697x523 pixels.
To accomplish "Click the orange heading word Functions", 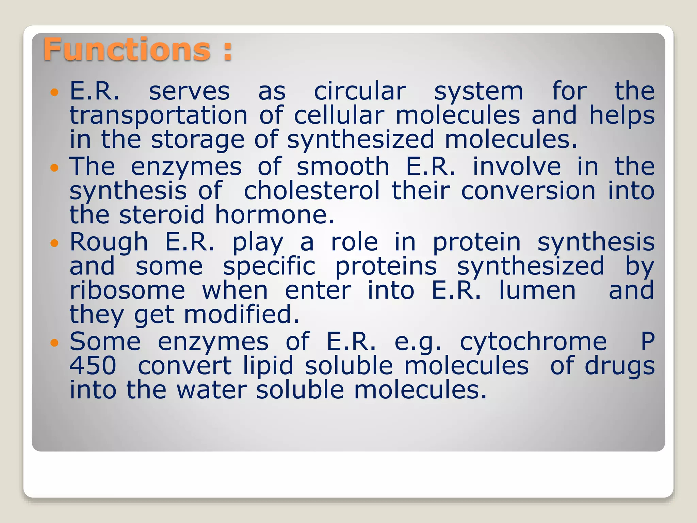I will point(127,50).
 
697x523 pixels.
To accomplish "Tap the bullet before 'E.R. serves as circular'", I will point(54,92).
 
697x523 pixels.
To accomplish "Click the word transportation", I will point(159,116).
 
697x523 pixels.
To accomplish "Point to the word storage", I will point(197,140).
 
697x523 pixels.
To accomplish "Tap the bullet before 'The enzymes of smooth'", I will point(54,168).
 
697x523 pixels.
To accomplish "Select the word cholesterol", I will point(312,191).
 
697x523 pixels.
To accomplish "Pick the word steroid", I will point(162,215).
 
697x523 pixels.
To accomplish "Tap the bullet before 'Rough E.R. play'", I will point(54,243).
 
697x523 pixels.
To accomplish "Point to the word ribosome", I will point(127,291).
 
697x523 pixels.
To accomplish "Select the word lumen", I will point(537,291).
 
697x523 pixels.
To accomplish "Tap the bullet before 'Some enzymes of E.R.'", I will point(54,343).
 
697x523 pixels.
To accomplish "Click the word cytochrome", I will point(533,343).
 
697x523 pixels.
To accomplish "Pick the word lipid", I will point(268,366).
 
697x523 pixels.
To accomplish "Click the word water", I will point(212,390).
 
